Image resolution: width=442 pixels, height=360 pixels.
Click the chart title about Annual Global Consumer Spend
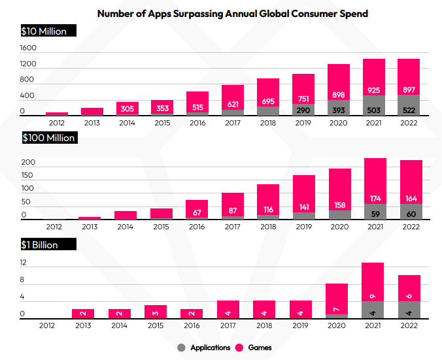coord(222,12)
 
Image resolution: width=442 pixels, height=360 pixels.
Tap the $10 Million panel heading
coord(44,31)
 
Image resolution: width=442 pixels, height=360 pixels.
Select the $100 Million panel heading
coord(49,138)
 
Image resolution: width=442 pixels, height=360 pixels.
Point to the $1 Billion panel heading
coord(40,245)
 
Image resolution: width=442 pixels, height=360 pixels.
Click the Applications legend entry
coord(204,348)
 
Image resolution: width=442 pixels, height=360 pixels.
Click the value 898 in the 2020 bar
coord(339,95)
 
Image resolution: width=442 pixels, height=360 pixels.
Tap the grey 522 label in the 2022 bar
coord(409,109)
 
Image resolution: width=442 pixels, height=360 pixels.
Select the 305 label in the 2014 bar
coord(127,109)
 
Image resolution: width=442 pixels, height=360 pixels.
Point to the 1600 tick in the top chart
coord(28,48)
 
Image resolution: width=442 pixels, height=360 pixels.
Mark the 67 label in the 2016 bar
coord(197,212)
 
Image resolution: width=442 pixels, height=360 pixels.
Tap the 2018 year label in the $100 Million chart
coord(268,227)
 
